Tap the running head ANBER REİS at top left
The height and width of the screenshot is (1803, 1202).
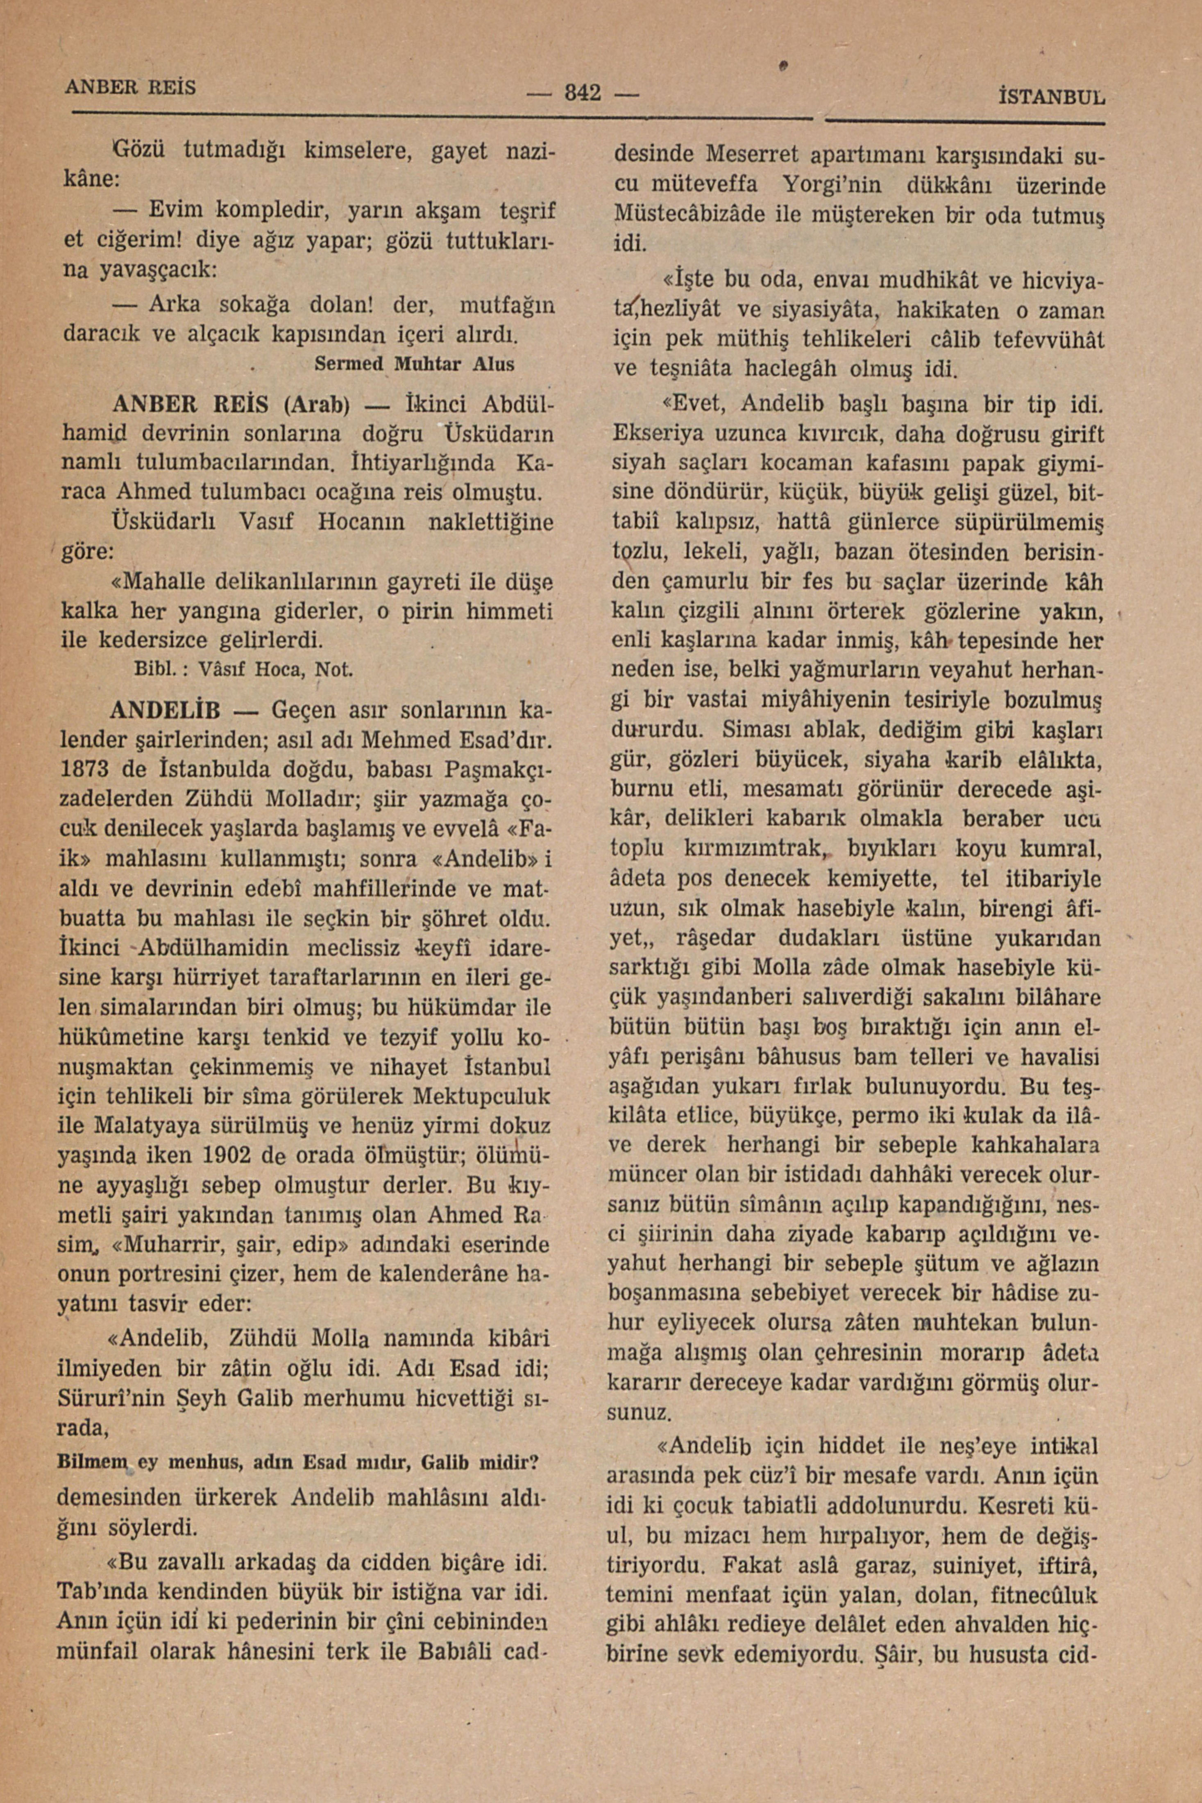pyautogui.click(x=130, y=86)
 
